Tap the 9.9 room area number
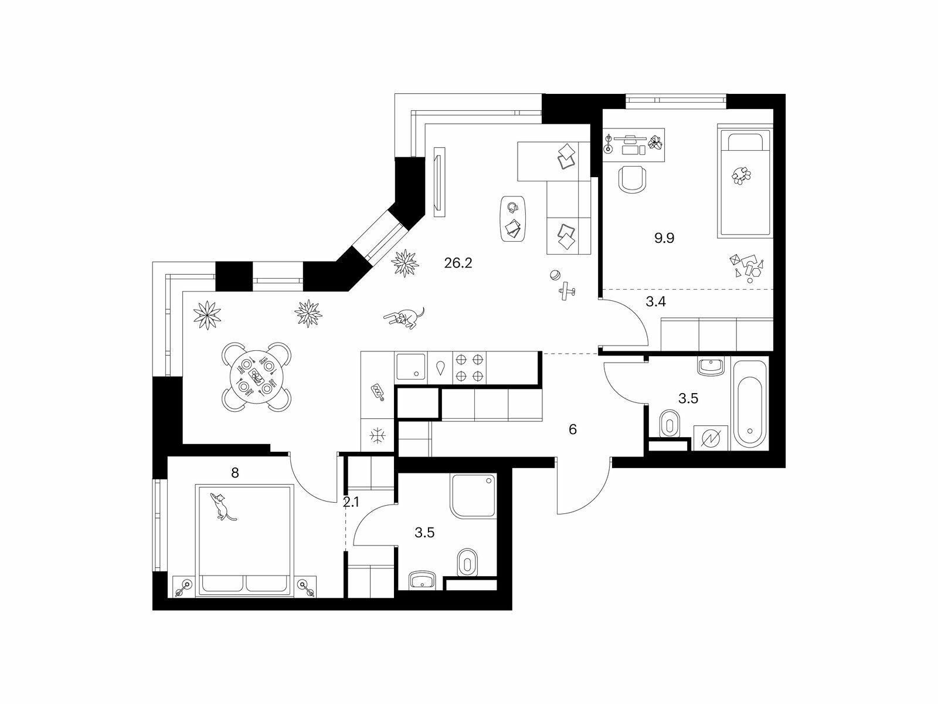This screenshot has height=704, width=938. click(x=664, y=238)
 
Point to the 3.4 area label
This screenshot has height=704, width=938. click(x=655, y=302)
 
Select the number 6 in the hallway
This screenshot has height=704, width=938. click(x=573, y=429)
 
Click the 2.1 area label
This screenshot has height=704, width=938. click(x=351, y=502)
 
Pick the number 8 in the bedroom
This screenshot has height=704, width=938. click(x=235, y=473)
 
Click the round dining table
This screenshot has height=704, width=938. click(x=256, y=377)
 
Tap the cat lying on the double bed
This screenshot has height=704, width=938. click(x=222, y=506)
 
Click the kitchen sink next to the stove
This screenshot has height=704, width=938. click(x=411, y=367)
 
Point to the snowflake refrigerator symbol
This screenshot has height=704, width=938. click(x=378, y=436)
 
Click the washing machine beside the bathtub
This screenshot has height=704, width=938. click(x=711, y=438)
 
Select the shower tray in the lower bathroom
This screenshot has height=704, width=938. click(x=473, y=496)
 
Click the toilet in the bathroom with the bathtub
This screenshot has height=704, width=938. click(x=669, y=424)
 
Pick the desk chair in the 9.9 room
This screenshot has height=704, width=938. click(x=632, y=180)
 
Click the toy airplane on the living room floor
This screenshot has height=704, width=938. click(x=566, y=291)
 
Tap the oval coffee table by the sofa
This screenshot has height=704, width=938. click(x=513, y=219)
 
